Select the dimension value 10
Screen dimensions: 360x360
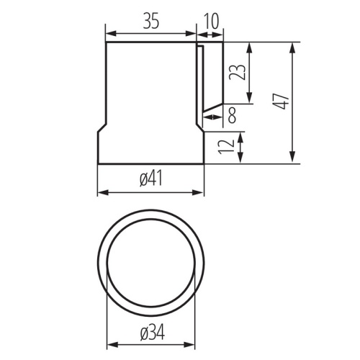click(x=211, y=21)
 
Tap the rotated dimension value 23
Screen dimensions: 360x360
click(x=238, y=72)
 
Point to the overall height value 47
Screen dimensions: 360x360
click(x=282, y=102)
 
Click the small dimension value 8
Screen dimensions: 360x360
click(x=232, y=115)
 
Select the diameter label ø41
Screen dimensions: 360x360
click(x=151, y=179)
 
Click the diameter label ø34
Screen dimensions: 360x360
click(x=153, y=333)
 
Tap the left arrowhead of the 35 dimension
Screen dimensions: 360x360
click(x=111, y=34)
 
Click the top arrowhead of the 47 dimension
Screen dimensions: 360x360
click(x=292, y=48)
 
